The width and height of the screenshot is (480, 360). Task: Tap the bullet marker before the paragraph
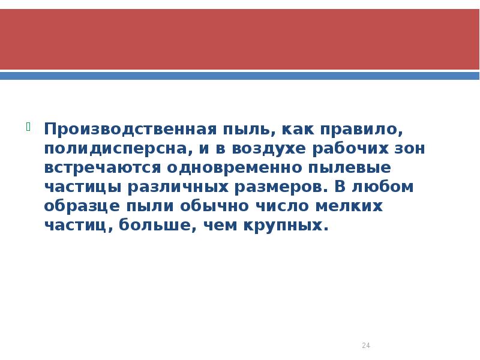(x=28, y=126)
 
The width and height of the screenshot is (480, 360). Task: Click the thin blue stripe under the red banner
(x=240, y=76)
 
